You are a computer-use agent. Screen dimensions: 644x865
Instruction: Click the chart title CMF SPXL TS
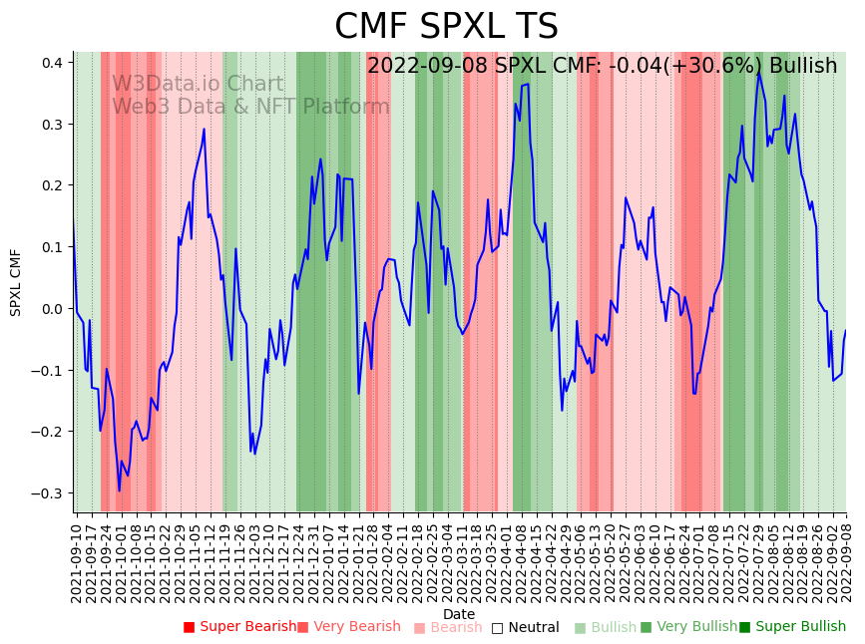tap(446, 27)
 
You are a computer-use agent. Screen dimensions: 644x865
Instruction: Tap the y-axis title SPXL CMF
tap(16, 282)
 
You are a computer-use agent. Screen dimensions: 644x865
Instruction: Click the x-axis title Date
tap(459, 614)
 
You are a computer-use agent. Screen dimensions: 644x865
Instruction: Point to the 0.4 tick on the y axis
tap(51, 63)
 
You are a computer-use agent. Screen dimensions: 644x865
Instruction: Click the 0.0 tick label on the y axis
tap(51, 309)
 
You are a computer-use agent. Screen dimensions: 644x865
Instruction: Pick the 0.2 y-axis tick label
tap(51, 185)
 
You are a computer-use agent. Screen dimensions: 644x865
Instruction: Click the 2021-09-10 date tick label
tap(77, 558)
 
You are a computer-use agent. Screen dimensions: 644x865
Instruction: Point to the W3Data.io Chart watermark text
tap(198, 84)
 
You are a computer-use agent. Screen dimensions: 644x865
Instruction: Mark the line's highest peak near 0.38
tap(758, 73)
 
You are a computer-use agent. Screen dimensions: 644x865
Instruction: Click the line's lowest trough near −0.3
tap(119, 490)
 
